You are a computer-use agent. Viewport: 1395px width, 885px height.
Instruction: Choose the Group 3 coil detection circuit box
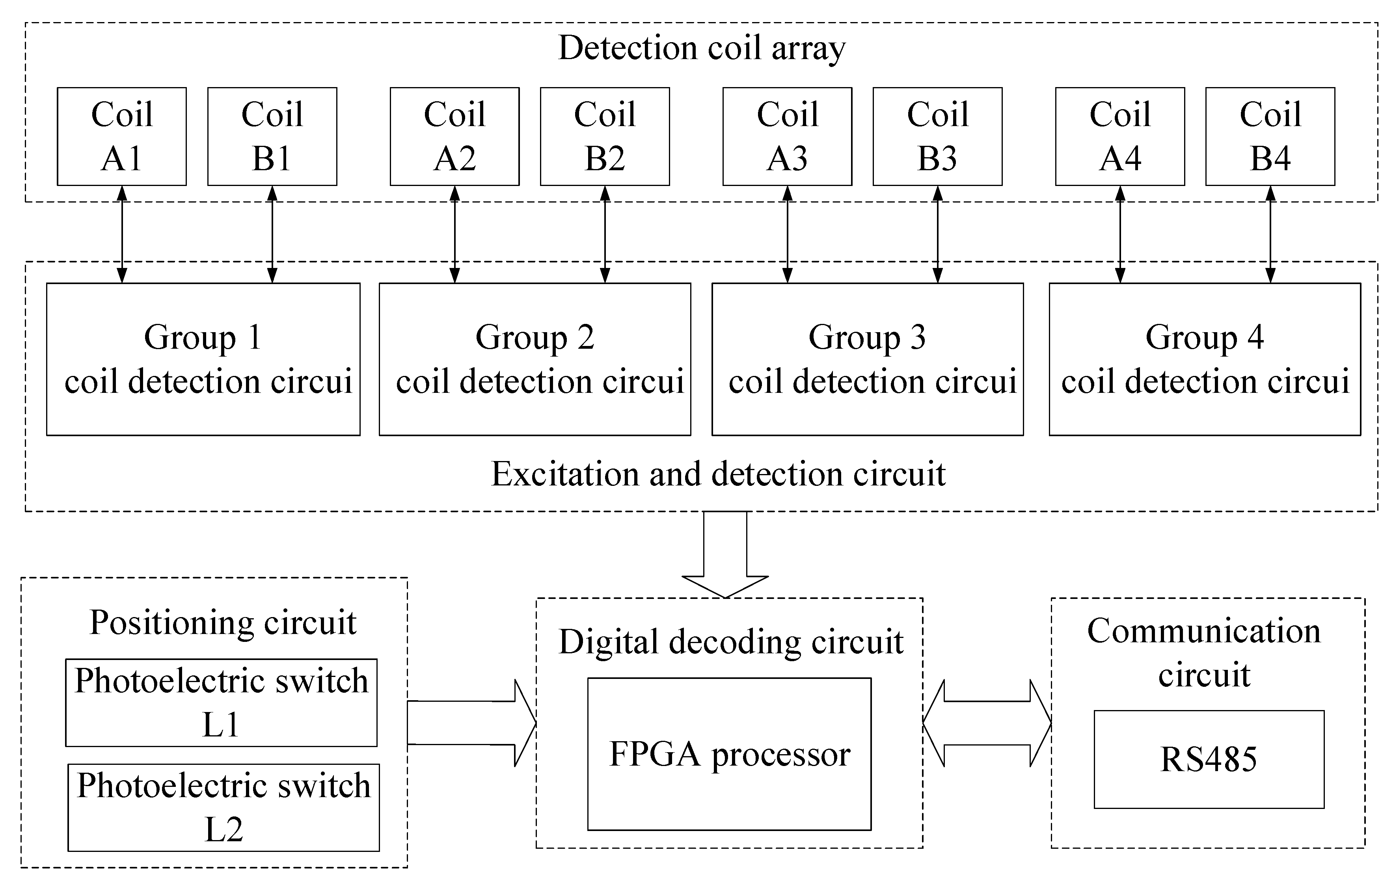[x=867, y=359]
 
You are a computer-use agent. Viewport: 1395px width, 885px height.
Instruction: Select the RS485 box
[x=1209, y=759]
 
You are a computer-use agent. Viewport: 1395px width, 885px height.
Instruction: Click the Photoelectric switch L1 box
[x=221, y=703]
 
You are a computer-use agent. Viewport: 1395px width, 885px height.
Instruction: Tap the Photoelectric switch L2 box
[x=223, y=807]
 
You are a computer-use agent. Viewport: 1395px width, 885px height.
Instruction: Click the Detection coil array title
[x=702, y=48]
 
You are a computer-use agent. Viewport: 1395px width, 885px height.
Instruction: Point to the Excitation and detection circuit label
[x=718, y=474]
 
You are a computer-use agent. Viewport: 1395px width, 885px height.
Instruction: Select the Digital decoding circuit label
[x=730, y=642]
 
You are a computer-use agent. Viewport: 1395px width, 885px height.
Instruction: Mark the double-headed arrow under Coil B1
[x=272, y=234]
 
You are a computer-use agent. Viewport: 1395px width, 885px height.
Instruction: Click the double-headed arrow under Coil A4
[x=1120, y=234]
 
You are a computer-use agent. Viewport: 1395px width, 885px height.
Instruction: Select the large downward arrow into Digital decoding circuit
[x=725, y=553]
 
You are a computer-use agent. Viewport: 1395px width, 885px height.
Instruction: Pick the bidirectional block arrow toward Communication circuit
[x=987, y=723]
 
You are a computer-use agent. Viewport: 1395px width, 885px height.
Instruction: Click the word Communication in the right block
[x=1204, y=631]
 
